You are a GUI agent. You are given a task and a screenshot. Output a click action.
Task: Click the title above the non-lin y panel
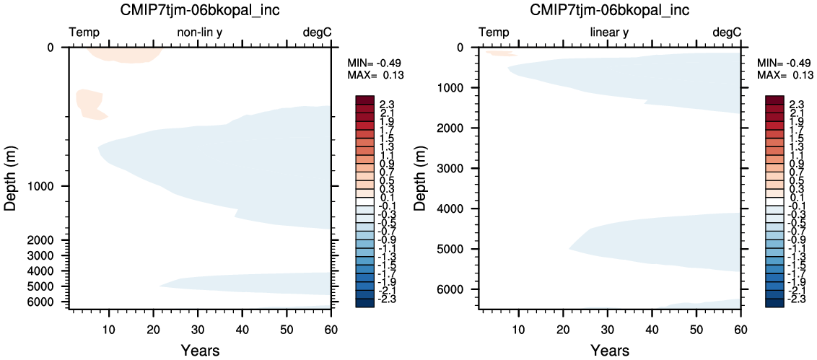[201, 10]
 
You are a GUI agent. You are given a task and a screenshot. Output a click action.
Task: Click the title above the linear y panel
[610, 10]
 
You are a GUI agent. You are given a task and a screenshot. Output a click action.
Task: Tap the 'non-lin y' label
[201, 32]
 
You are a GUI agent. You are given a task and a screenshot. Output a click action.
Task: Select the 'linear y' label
[610, 32]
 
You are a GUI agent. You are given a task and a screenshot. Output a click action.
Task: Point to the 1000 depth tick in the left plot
[51, 186]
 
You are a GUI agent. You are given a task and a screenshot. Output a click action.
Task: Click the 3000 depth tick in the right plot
[460, 168]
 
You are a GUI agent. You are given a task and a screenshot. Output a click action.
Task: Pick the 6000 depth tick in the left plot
[51, 302]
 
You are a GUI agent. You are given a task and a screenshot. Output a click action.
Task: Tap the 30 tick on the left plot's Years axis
[198, 329]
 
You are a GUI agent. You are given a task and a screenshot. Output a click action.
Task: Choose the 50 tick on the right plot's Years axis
[696, 329]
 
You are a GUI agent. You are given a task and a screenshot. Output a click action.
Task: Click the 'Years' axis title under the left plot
[201, 350]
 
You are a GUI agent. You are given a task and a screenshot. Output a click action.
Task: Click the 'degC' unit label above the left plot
[318, 32]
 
